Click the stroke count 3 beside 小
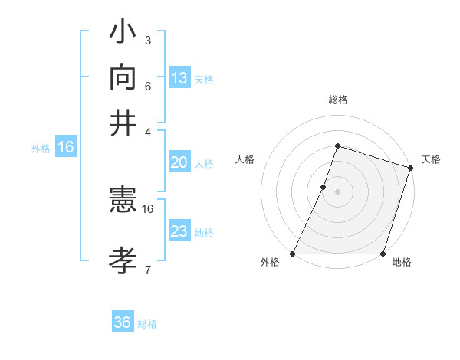click(148, 40)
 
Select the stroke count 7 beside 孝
click(148, 270)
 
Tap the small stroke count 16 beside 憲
click(148, 208)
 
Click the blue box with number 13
click(179, 78)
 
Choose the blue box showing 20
click(179, 162)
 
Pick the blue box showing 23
click(179, 231)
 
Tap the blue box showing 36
click(123, 322)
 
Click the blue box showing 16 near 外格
click(65, 147)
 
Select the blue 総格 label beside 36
click(148, 324)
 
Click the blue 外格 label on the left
click(40, 149)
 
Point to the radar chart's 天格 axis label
click(431, 159)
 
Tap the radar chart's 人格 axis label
click(245, 159)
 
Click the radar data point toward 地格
click(383, 254)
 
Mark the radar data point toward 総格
click(337, 146)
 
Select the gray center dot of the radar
click(337, 191)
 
